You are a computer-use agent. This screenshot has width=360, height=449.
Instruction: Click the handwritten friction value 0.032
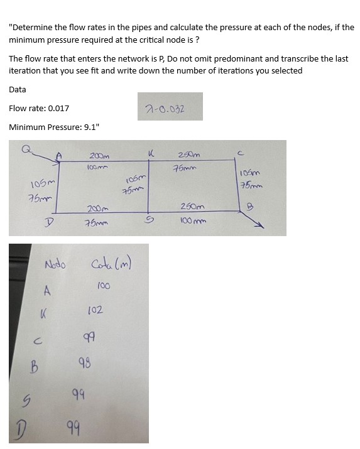pos(173,107)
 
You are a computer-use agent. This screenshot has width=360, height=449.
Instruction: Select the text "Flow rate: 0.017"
pos(39,108)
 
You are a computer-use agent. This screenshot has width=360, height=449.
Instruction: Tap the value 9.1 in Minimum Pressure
pos(90,127)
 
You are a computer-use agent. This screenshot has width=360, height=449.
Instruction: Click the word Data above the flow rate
pos(18,89)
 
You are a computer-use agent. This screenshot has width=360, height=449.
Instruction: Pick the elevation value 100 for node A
pos(104,286)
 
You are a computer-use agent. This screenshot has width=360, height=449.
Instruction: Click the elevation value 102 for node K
pos(95,310)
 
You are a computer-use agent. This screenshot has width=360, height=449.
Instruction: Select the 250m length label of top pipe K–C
pos(188,155)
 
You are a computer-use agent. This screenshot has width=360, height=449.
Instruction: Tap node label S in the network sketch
pos(150,220)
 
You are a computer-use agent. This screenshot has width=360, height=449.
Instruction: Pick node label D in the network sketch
pos(47,222)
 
